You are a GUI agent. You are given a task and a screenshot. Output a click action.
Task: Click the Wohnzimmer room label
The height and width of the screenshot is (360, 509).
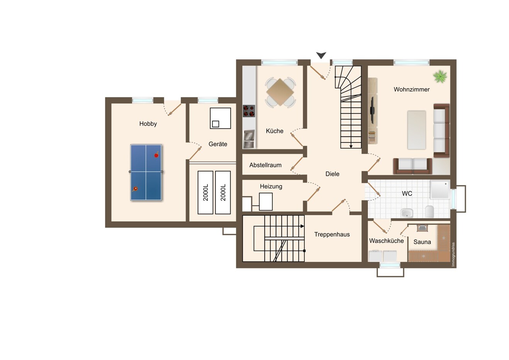[x=412, y=89]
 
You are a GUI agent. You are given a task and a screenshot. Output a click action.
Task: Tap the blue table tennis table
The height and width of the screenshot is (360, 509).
[x=146, y=172]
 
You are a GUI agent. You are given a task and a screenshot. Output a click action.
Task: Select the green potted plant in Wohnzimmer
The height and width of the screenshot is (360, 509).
[x=440, y=76]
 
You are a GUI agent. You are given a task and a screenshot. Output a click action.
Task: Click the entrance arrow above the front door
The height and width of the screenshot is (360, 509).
[x=321, y=55]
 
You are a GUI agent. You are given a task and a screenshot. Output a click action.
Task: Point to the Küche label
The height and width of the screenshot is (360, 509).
[x=275, y=131]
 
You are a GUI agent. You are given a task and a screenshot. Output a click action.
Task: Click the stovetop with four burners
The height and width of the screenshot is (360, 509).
[x=249, y=111]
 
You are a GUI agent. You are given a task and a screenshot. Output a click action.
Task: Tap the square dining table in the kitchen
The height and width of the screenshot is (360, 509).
[x=280, y=92]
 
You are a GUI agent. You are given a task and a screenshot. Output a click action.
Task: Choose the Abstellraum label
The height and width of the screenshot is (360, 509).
[x=265, y=165]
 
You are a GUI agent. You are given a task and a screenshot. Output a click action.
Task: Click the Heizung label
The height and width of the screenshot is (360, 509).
[x=271, y=187]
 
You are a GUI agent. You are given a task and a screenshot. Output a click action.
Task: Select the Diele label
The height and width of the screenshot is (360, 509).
[x=332, y=174]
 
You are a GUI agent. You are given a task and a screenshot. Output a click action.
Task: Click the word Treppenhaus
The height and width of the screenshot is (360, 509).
[x=332, y=234]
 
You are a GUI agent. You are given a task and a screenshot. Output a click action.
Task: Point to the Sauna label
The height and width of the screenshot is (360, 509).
[x=422, y=242]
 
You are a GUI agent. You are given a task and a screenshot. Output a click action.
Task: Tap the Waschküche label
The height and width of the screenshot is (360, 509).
[x=386, y=241]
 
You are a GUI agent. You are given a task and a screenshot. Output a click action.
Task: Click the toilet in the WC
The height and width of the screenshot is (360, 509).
[x=429, y=212]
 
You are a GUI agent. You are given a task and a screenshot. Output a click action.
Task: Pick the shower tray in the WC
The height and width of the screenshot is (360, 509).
[x=440, y=190]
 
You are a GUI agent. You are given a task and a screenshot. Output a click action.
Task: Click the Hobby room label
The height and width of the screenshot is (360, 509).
[x=148, y=124]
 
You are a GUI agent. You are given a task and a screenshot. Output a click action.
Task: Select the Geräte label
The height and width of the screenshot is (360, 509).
[x=218, y=144]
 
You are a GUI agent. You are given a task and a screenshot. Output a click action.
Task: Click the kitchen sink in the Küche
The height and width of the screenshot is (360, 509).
[x=249, y=136]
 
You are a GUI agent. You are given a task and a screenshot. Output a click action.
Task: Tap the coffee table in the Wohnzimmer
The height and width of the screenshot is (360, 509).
[x=417, y=130]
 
